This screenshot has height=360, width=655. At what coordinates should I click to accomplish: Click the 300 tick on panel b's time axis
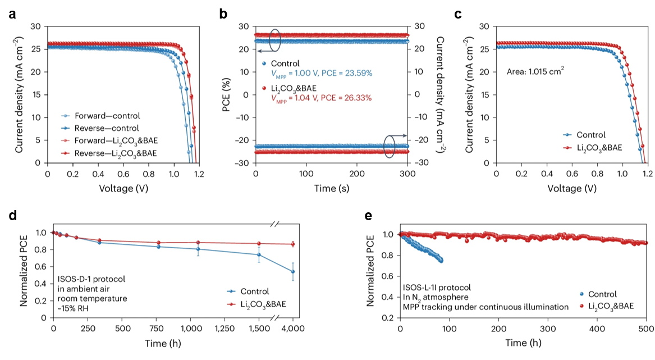[x=407, y=173]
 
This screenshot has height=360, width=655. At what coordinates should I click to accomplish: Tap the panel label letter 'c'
[x=458, y=15]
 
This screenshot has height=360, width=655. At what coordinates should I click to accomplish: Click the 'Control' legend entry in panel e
[x=602, y=294]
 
